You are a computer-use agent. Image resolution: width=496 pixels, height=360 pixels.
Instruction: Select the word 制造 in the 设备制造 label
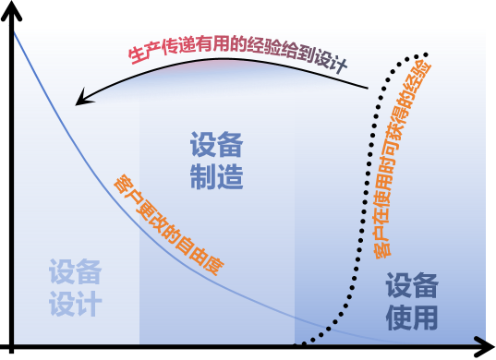click(217, 176)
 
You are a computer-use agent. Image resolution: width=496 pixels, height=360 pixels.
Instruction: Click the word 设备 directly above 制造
click(217, 145)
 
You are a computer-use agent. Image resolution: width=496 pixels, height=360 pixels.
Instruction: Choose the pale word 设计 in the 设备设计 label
click(76, 304)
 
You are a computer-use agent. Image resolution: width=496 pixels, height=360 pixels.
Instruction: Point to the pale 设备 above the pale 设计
click(76, 272)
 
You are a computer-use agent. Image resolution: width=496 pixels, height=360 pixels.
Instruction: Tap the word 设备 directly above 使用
click(412, 285)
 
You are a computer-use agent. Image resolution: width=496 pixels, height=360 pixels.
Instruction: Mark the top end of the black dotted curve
click(427, 54)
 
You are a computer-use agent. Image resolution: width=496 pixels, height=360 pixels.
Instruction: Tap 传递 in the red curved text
click(175, 47)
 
